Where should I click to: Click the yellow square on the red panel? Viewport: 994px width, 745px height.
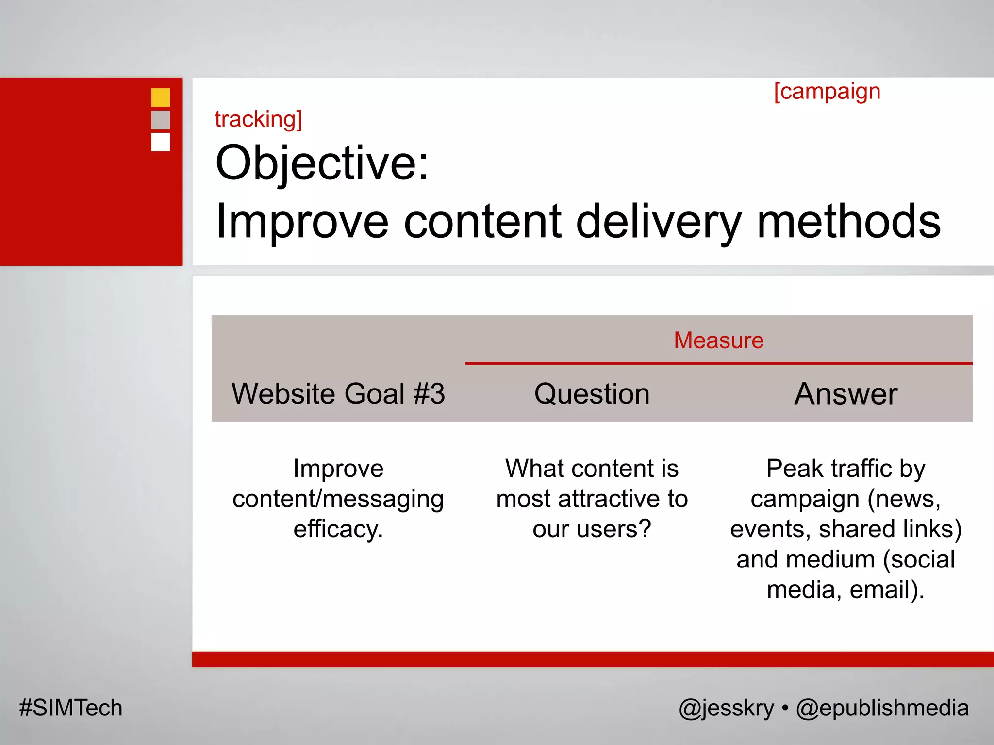tap(161, 97)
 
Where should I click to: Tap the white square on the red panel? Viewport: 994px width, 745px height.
tap(161, 142)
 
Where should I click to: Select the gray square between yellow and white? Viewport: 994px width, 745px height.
tap(161, 120)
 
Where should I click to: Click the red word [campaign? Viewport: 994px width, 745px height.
tap(827, 92)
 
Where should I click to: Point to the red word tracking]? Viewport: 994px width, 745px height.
tap(258, 119)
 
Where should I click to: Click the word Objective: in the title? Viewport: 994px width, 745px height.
tap(322, 163)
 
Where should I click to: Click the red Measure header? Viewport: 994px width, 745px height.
tap(719, 340)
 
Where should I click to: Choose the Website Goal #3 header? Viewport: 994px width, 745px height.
tap(338, 393)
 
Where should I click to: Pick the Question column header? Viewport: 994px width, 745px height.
tap(592, 393)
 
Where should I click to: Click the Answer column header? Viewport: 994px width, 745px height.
tap(845, 393)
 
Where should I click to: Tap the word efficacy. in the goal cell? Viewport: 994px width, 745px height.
tap(338, 529)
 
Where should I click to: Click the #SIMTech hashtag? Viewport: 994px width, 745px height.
tap(71, 708)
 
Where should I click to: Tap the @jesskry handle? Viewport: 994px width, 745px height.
tap(726, 708)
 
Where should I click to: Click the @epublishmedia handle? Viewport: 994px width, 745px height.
tap(882, 708)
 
